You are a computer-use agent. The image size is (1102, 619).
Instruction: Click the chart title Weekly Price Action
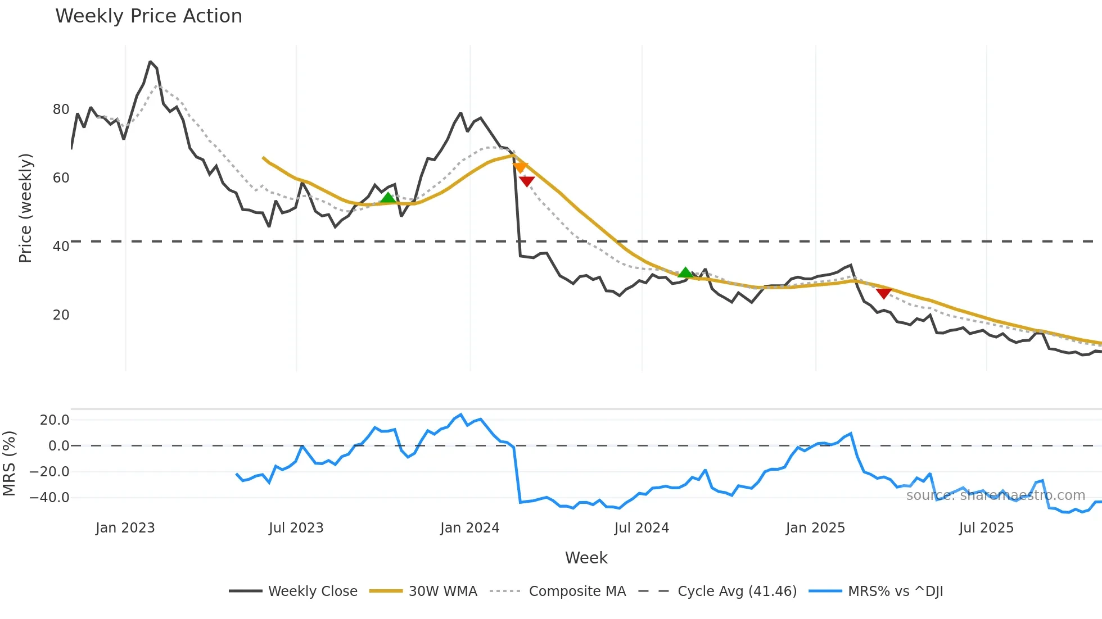click(148, 16)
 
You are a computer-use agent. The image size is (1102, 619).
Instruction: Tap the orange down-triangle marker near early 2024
click(521, 167)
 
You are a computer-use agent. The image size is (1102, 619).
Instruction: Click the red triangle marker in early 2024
click(527, 181)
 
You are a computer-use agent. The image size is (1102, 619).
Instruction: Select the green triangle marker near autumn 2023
click(388, 198)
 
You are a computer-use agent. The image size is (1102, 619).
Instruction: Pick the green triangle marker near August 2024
click(685, 273)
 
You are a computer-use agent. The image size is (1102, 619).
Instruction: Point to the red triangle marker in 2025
click(884, 293)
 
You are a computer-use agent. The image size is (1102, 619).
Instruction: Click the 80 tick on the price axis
click(61, 110)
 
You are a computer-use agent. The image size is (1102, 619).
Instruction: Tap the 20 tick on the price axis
click(61, 315)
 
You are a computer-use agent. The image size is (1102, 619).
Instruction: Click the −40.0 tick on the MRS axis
click(49, 498)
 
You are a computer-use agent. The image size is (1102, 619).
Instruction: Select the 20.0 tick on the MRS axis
click(55, 420)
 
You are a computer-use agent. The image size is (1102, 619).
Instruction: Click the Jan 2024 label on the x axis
click(469, 528)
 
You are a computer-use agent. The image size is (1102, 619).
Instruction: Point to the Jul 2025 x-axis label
click(986, 528)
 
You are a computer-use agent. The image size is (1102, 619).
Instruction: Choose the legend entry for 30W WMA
click(442, 591)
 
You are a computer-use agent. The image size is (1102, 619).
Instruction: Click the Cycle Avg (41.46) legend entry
click(737, 591)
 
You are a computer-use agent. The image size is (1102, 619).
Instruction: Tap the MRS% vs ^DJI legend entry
click(895, 591)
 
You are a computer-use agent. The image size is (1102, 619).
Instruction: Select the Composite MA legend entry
click(577, 591)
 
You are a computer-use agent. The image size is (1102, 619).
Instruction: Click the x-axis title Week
click(586, 558)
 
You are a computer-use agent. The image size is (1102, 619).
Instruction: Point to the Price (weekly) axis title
click(25, 208)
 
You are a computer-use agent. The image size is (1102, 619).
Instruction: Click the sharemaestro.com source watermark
click(995, 495)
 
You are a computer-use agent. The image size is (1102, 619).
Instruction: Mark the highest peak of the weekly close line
click(150, 62)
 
